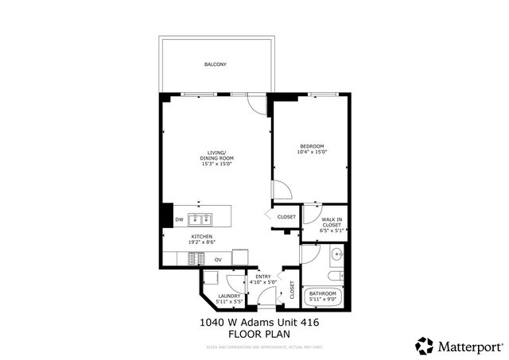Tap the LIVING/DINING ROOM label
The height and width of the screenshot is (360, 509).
click(216, 155)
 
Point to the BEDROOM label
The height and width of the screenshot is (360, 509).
click(312, 146)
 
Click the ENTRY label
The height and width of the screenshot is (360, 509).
click(262, 277)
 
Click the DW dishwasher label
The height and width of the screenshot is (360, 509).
click(179, 219)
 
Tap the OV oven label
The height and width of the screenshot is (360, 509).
click(218, 259)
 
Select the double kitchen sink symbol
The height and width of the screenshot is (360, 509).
click(200, 219)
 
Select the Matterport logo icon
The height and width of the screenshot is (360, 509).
click(424, 344)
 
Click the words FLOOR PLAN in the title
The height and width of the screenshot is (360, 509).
click(253, 335)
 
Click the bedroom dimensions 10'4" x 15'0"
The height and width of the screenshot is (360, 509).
click(312, 152)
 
